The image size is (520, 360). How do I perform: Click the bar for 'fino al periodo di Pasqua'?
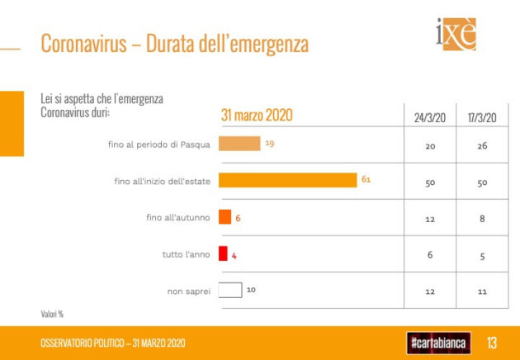[x=239, y=144]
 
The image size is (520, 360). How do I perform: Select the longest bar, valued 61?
[x=286, y=180]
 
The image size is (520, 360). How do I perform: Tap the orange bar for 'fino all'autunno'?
[x=225, y=217]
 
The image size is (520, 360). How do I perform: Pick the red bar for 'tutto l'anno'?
[x=222, y=253]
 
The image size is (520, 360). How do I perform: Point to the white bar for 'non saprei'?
[x=230, y=290]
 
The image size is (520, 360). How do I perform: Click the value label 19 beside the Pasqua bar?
[x=270, y=144]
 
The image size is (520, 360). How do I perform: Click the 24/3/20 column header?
[x=430, y=117]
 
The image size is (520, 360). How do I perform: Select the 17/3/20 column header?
[x=481, y=117]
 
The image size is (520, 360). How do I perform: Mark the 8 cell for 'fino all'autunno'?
[x=481, y=218]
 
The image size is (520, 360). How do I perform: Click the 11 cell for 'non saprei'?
[x=481, y=291]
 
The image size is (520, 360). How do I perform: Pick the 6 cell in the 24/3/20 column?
[x=430, y=254]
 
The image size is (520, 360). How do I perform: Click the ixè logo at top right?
[x=456, y=36]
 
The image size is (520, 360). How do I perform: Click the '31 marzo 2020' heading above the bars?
[x=257, y=116]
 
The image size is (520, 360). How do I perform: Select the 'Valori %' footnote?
[x=53, y=314]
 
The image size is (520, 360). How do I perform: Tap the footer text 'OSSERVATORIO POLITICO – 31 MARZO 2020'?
[x=113, y=343]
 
